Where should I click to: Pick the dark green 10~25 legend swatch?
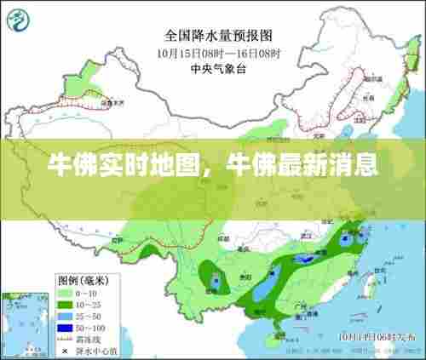[x=64, y=303]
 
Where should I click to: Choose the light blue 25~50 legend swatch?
[x=64, y=314]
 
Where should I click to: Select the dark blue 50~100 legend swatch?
[x=64, y=326]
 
